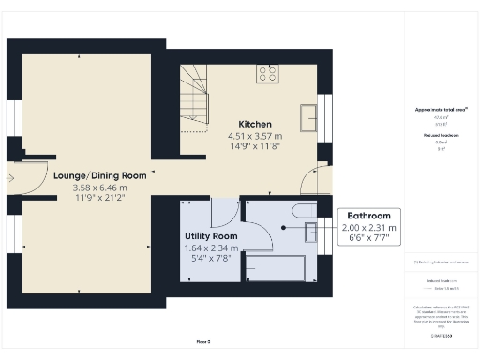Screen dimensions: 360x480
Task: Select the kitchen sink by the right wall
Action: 307,116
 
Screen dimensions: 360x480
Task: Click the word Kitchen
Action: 255,124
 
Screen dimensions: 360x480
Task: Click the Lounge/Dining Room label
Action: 100,175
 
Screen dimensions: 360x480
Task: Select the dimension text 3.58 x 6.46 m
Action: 100,187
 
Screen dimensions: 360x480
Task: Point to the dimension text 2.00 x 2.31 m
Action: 367,227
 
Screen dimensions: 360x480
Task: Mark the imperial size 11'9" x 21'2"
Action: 100,198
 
